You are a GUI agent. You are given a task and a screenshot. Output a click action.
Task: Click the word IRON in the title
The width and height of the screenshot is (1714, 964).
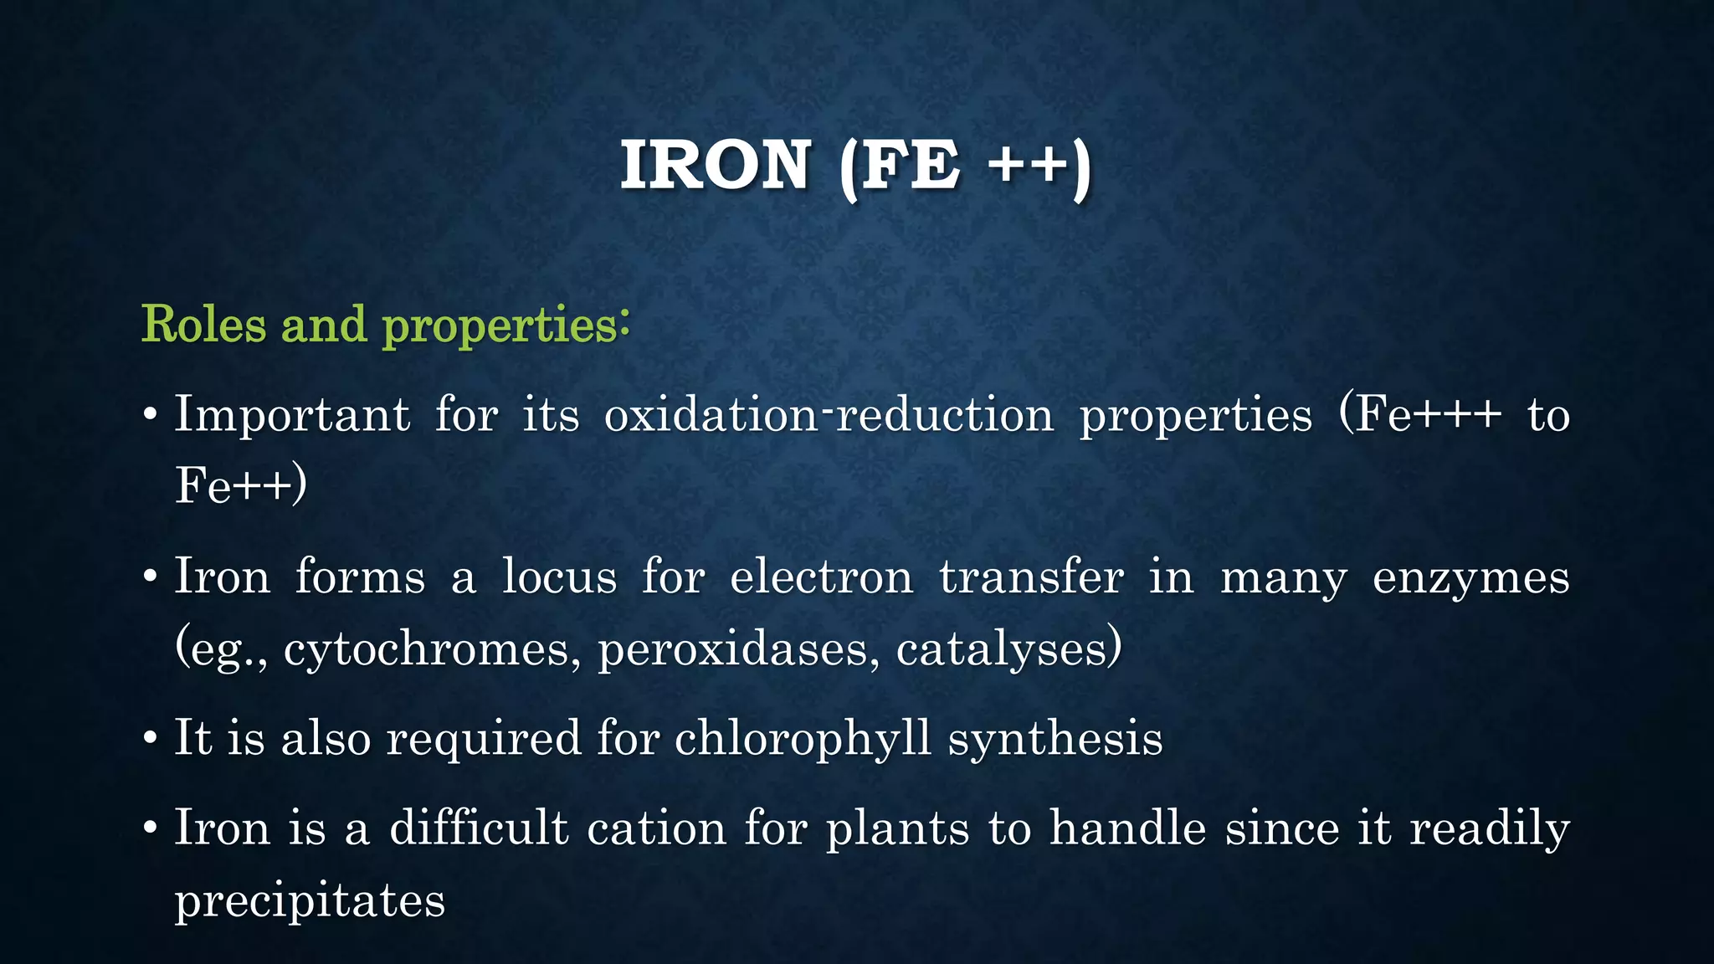click(x=715, y=165)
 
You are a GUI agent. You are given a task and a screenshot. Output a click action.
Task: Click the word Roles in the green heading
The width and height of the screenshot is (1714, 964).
click(x=203, y=325)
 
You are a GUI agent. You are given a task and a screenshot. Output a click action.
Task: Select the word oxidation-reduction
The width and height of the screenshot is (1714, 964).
click(x=829, y=415)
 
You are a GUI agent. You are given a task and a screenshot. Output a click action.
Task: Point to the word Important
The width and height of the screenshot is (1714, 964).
click(x=292, y=415)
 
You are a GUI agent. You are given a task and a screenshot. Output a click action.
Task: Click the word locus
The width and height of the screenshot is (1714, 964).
click(x=559, y=578)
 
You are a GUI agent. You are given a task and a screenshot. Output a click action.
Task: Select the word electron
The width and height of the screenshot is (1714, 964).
click(x=821, y=578)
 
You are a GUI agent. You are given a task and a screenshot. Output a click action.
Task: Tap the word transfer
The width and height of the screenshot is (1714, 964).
click(x=1031, y=578)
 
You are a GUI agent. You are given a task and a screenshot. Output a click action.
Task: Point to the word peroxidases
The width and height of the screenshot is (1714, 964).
click(x=733, y=650)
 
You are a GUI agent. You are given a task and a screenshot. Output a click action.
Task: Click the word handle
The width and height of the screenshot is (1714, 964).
click(x=1128, y=829)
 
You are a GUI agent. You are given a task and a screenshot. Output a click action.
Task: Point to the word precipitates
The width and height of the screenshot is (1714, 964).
click(x=310, y=902)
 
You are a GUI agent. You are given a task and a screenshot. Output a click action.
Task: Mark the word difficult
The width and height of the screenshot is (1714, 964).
click(x=480, y=829)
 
